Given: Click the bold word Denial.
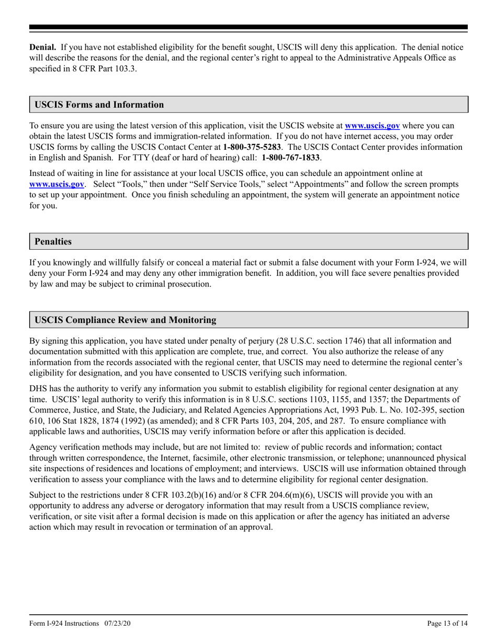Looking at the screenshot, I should pyautogui.click(x=42, y=47).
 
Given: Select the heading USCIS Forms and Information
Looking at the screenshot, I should pyautogui.click(x=99, y=105).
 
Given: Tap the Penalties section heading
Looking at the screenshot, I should pyautogui.click(x=53, y=242).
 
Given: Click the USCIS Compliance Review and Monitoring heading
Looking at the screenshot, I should pyautogui.click(x=125, y=320).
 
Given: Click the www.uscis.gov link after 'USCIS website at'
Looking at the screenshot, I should pyautogui.click(x=372, y=126).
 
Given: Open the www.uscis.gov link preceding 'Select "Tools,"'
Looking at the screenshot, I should pyautogui.click(x=57, y=184).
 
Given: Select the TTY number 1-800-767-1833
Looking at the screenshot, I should pyautogui.click(x=291, y=158).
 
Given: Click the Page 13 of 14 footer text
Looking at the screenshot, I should pyautogui.click(x=447, y=623).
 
